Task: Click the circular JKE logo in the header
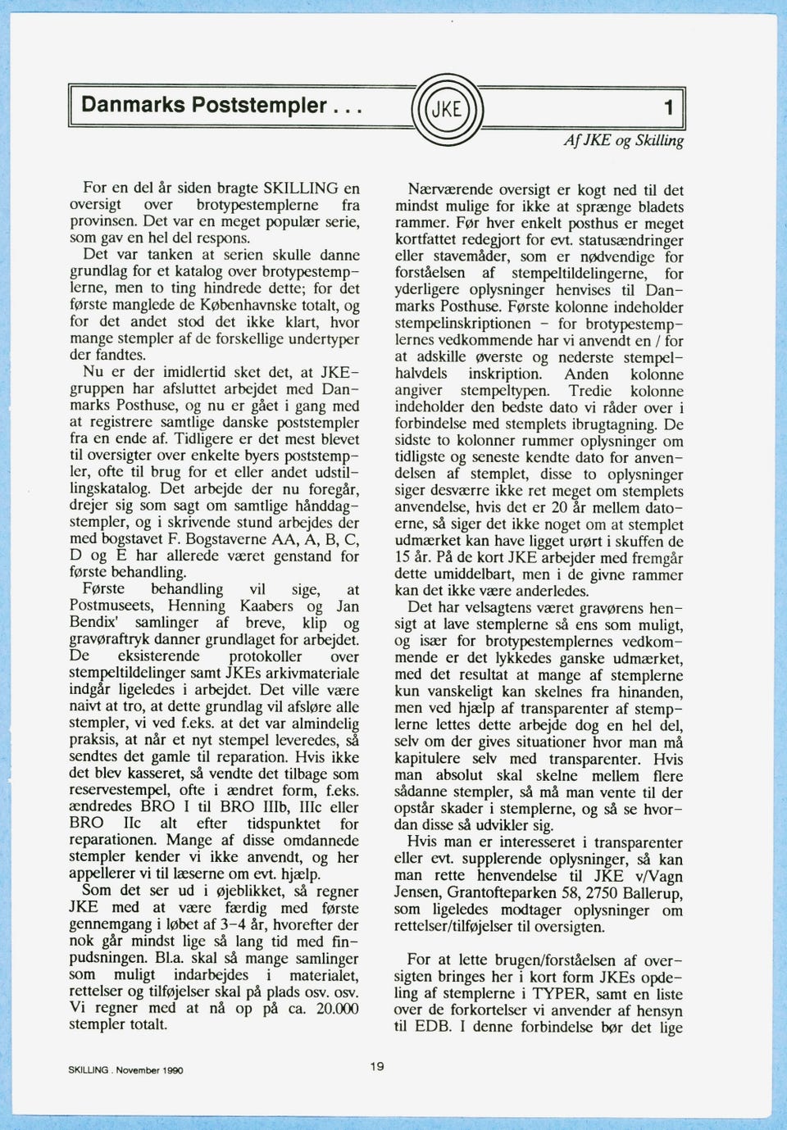click(446, 108)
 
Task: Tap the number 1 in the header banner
click(669, 107)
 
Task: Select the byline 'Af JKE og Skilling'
click(623, 141)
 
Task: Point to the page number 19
click(376, 1066)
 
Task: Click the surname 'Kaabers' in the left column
click(267, 606)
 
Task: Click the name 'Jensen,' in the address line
click(421, 892)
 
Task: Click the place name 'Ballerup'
click(657, 892)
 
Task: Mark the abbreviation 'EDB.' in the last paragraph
click(434, 1027)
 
